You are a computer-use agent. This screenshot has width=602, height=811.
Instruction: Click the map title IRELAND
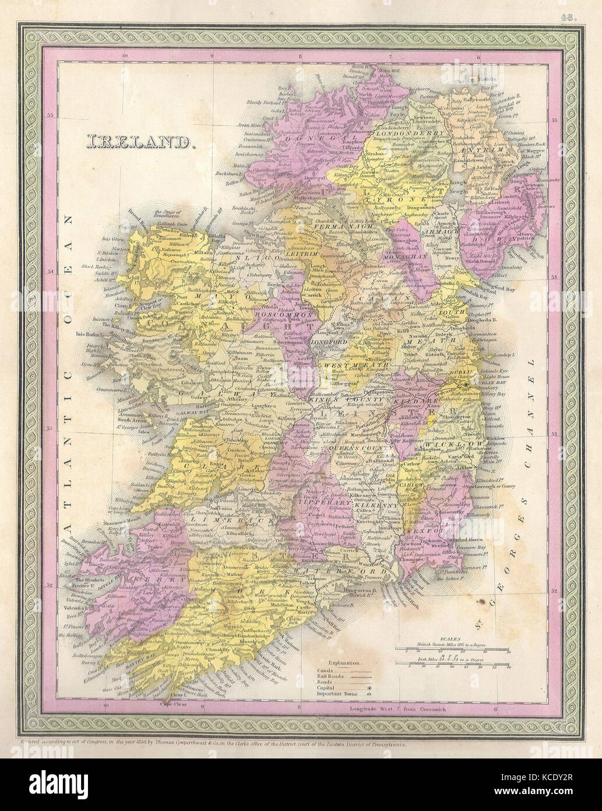(x=141, y=142)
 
